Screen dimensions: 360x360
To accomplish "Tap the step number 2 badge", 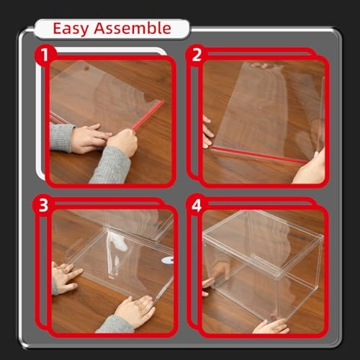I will [x=198, y=54].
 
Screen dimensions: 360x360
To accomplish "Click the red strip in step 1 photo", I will [x=144, y=115].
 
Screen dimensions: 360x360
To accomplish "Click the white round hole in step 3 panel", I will [x=168, y=260].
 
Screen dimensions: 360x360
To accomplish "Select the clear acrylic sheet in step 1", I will [x=108, y=90].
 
